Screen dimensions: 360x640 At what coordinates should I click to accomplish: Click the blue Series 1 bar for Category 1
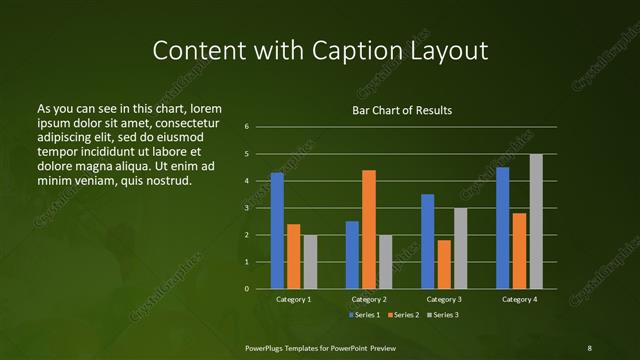click(x=277, y=231)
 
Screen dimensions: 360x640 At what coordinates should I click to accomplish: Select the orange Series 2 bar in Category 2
click(x=369, y=229)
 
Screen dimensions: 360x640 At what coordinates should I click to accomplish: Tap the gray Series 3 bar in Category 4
click(x=536, y=221)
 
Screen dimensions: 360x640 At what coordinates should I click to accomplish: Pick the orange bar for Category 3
click(x=444, y=264)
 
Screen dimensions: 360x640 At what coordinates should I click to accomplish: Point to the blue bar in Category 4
click(x=503, y=228)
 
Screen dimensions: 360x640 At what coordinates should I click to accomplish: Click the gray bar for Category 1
click(x=310, y=262)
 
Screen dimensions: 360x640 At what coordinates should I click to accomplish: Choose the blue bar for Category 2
click(x=352, y=255)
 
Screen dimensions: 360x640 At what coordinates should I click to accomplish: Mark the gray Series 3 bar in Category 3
click(x=461, y=248)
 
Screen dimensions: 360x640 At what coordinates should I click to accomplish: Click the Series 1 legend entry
click(x=364, y=315)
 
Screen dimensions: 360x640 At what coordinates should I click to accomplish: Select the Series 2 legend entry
click(x=404, y=315)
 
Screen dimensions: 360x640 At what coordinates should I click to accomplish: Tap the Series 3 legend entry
click(x=443, y=315)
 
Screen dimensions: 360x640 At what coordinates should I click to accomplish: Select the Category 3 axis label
click(x=444, y=299)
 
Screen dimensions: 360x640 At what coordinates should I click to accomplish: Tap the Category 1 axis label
click(x=294, y=299)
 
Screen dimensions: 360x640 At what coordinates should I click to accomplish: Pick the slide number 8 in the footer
click(x=589, y=347)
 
